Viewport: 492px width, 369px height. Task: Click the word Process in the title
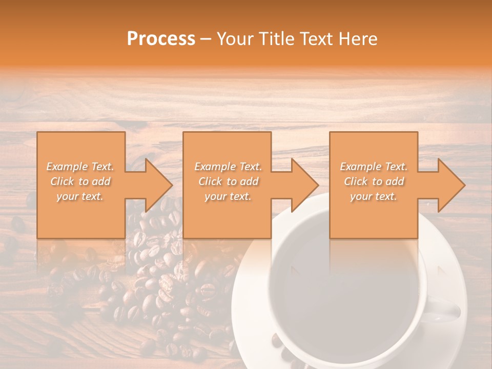(161, 39)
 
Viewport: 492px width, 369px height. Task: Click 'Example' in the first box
(67, 167)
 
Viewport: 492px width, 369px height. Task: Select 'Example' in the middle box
(215, 167)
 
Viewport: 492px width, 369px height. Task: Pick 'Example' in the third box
(360, 167)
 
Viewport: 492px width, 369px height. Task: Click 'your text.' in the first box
(80, 196)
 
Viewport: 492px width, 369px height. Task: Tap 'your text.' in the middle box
(228, 196)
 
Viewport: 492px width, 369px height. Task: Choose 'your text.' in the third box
(374, 196)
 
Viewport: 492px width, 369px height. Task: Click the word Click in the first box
(63, 181)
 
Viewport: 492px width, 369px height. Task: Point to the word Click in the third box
(356, 181)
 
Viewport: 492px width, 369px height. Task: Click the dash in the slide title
(206, 39)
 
